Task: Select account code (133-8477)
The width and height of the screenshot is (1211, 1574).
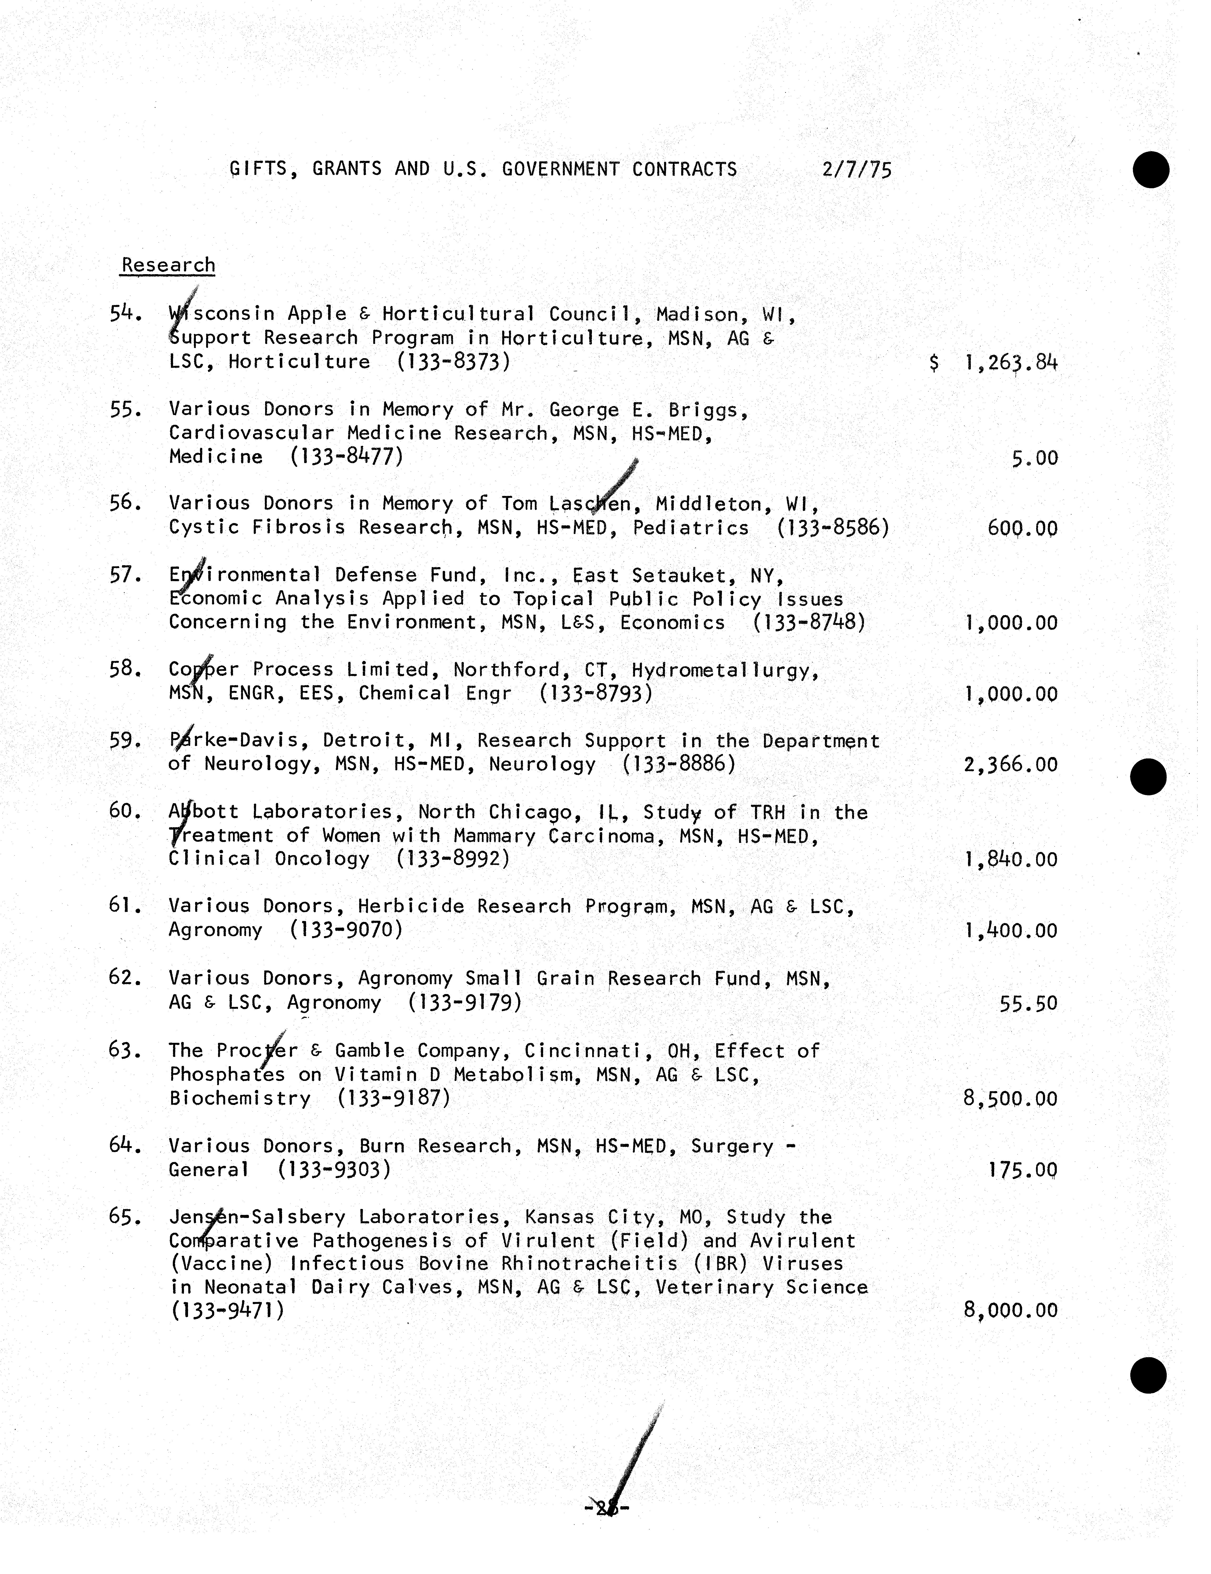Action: tap(347, 456)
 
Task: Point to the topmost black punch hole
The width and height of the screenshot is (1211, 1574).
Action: tap(1151, 170)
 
